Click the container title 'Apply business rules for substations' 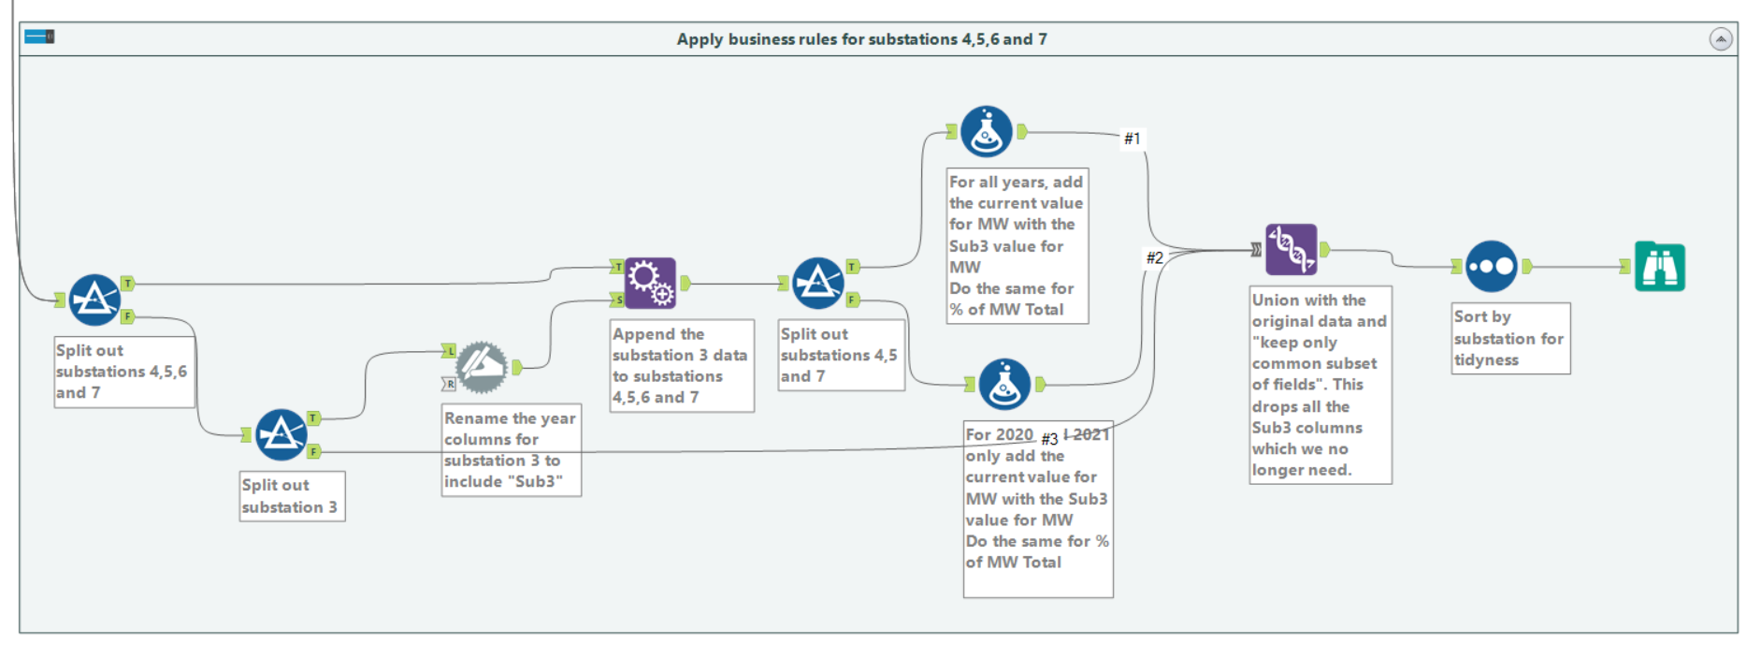click(x=861, y=39)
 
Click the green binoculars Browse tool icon click(x=1659, y=267)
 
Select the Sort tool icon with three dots click(x=1491, y=267)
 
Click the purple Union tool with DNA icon click(x=1291, y=249)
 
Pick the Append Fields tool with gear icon click(x=650, y=283)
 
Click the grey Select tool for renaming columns click(x=482, y=367)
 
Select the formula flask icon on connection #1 click(x=986, y=132)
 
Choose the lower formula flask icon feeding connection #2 click(x=1004, y=384)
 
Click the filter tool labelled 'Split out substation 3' click(x=281, y=434)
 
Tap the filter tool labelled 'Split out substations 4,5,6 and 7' click(x=94, y=300)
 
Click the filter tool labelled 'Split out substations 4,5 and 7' click(x=817, y=283)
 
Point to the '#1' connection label click(x=1132, y=139)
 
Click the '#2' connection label click(x=1155, y=257)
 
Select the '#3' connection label click(x=1049, y=439)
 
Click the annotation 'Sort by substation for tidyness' click(x=1508, y=338)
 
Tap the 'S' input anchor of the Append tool click(x=617, y=300)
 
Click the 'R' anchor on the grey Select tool click(x=450, y=384)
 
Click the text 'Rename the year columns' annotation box click(x=511, y=449)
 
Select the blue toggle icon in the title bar click(x=39, y=37)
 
